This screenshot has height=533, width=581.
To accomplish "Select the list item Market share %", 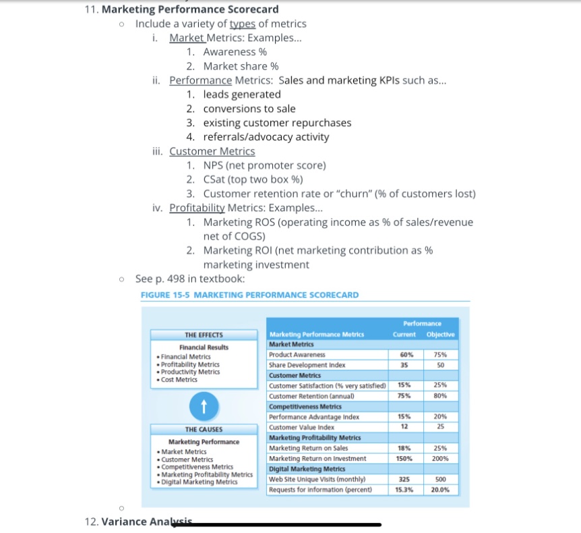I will pyautogui.click(x=241, y=66).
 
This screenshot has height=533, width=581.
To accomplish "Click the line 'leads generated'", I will pyautogui.click(x=242, y=94).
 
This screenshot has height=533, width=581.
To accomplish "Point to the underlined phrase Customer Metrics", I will pyautogui.click(x=212, y=151).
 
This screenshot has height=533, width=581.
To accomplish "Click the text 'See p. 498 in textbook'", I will pyautogui.click(x=190, y=279).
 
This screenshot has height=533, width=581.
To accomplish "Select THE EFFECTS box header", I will pyautogui.click(x=204, y=335).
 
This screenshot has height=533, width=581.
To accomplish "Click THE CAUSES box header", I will pyautogui.click(x=204, y=429).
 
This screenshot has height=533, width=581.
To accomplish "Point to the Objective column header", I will pyautogui.click(x=441, y=335).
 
